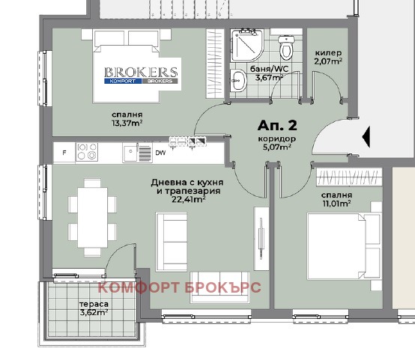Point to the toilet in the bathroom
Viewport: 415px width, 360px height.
coord(285,50)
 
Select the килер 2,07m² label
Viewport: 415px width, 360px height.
coord(329,57)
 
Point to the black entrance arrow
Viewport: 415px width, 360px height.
coord(366,137)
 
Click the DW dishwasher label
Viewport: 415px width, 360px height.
coord(160,153)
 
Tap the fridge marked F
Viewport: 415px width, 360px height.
coord(64,153)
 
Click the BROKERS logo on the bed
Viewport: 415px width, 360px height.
coord(142,75)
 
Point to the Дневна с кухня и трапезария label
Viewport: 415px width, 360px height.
coord(180,190)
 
